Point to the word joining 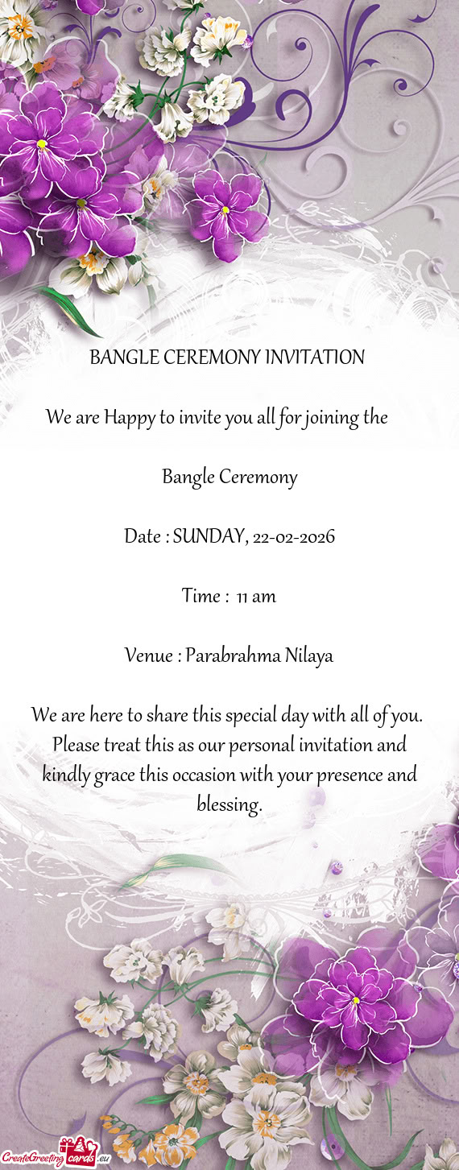(329, 418)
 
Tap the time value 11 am (257, 597)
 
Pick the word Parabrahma (232, 656)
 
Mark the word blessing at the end (229, 804)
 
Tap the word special (244, 715)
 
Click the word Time (201, 597)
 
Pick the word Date (143, 536)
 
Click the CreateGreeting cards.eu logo (55, 1155)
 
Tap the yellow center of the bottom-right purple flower (355, 1000)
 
